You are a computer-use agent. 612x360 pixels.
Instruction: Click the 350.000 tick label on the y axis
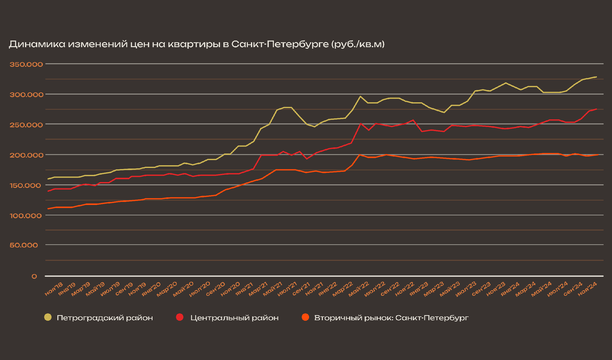point(23,65)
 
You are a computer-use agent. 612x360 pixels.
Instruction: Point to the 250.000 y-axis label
point(23,125)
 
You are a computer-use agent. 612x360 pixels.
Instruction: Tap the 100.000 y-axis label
point(23,215)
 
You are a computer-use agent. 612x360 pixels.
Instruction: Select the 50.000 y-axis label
point(24,245)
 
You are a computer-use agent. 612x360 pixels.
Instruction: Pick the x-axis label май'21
point(272,287)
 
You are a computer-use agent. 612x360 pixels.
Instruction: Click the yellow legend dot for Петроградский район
point(48,318)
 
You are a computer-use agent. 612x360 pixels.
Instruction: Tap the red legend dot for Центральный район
point(180,318)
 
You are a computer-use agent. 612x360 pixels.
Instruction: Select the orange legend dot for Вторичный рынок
point(305,318)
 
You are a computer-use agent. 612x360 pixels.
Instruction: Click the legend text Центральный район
point(234,318)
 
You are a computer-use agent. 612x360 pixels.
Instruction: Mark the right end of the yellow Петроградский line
point(596,77)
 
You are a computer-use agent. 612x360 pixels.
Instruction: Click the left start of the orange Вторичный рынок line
point(48,209)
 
